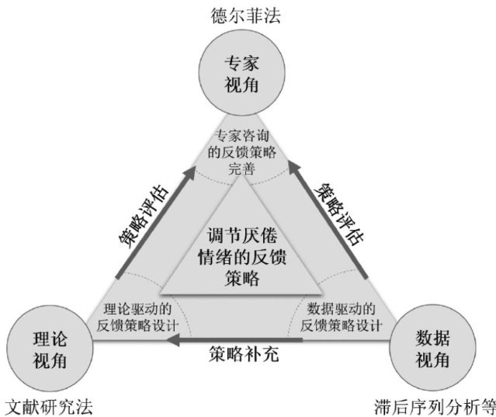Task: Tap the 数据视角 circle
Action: pyautogui.click(x=430, y=349)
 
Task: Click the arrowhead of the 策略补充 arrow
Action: pyautogui.click(x=177, y=341)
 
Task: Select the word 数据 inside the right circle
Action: pyautogui.click(x=430, y=339)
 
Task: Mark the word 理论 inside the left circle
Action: pyautogui.click(x=49, y=340)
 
